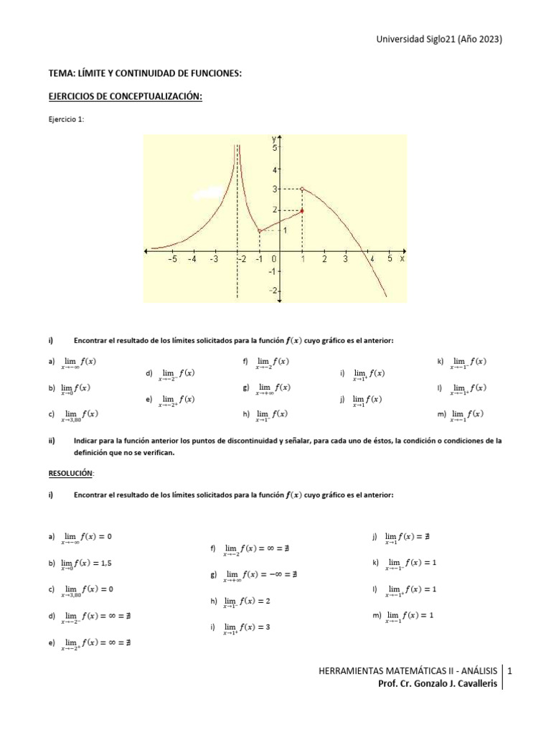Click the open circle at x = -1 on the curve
coord(259,230)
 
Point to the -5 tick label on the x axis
coord(171,260)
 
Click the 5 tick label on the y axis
coord(273,147)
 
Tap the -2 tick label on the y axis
coord(272,291)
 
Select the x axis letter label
coord(402,259)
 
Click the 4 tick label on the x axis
coord(369,260)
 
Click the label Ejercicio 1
coord(65,121)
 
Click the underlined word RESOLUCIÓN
coord(70,474)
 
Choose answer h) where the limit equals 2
coord(243,601)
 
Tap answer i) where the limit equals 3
coord(243,627)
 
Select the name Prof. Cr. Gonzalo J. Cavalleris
coord(437,684)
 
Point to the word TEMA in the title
coord(60,73)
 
